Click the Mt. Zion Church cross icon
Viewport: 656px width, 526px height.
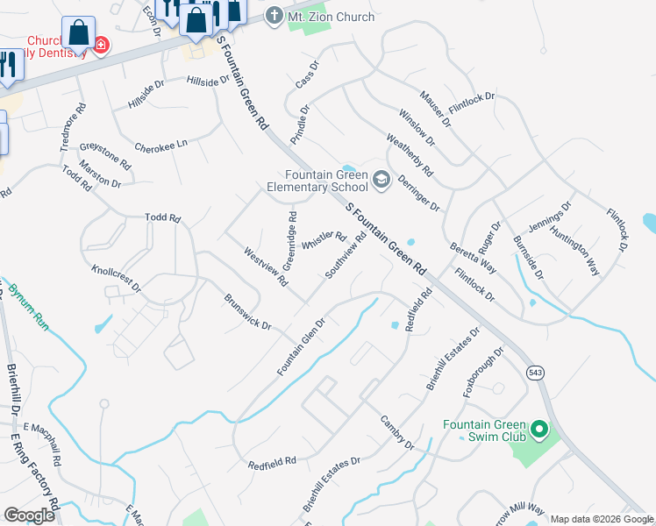point(274,16)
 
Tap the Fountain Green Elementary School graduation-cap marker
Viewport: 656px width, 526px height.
point(381,180)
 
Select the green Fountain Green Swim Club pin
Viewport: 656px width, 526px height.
point(538,430)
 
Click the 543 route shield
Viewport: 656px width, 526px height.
point(534,373)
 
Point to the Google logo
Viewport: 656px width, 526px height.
point(30,515)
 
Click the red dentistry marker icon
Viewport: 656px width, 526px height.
point(102,44)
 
